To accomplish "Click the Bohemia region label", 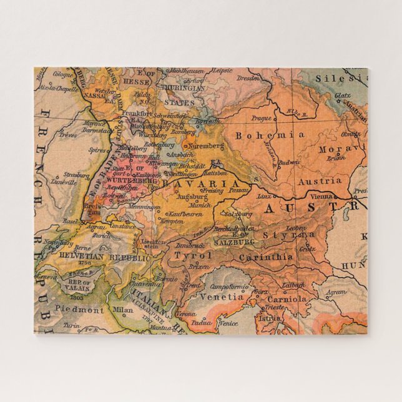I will coord(270,134).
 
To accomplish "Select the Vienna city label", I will coord(322,196).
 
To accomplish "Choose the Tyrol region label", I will coord(193,255).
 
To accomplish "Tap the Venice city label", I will coord(228,323).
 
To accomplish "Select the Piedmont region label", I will coord(79,309).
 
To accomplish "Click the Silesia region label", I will coord(341,79).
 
